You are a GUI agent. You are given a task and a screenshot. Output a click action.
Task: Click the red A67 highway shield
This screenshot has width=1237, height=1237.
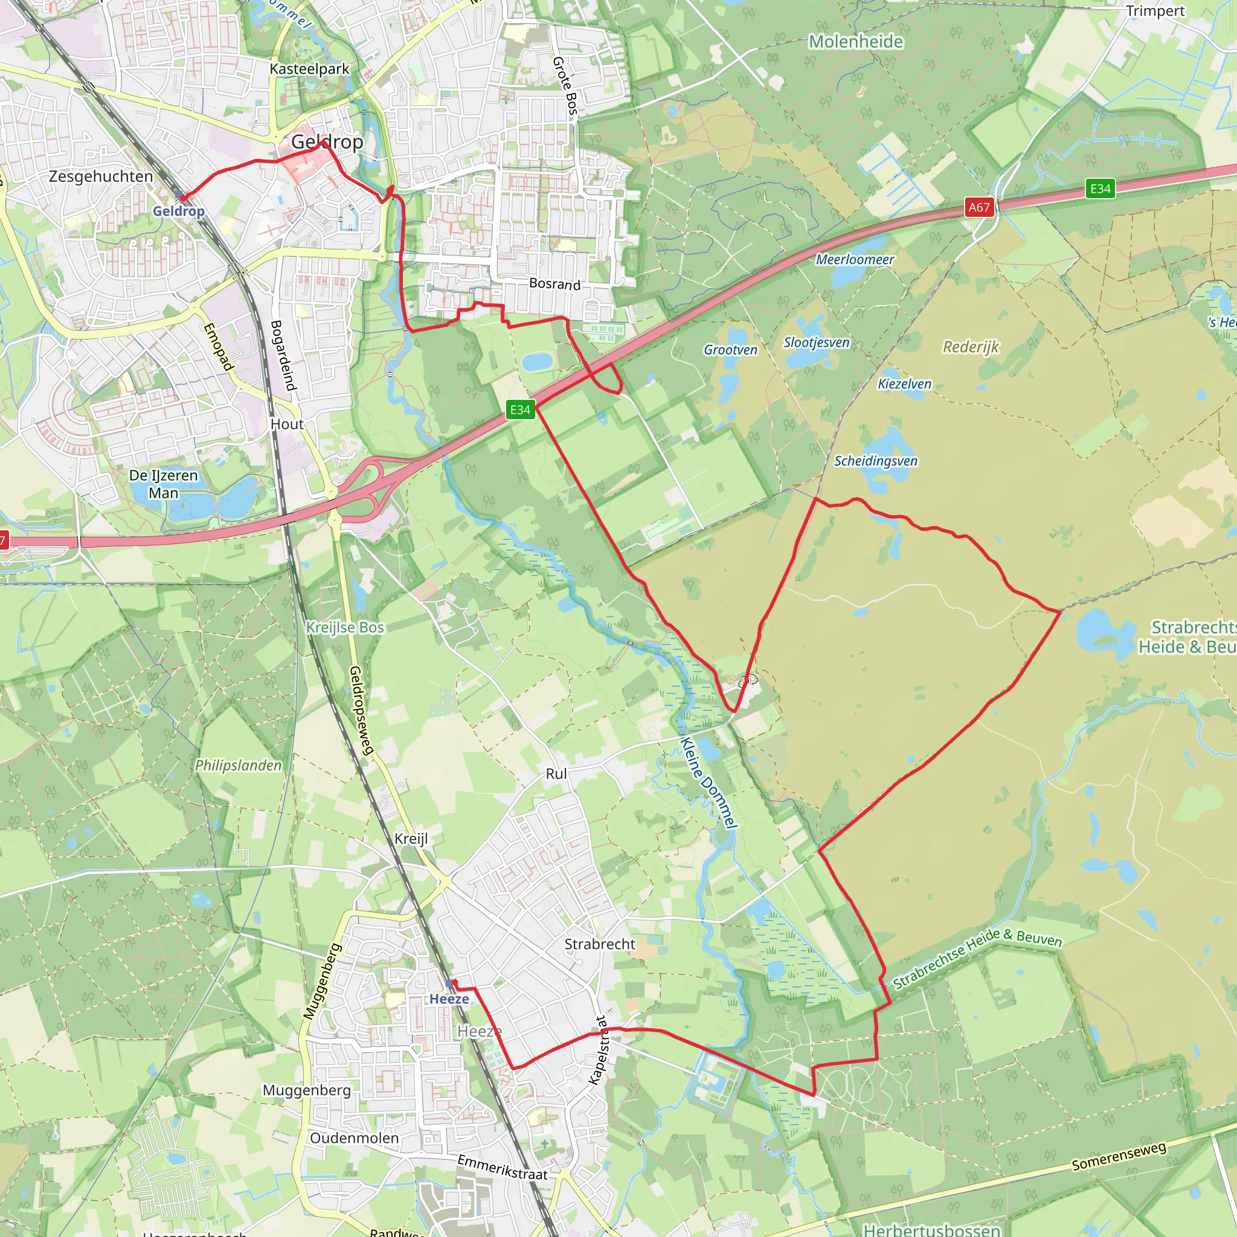coord(979,207)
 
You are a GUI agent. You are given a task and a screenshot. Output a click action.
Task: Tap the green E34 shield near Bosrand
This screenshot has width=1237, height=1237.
coord(520,410)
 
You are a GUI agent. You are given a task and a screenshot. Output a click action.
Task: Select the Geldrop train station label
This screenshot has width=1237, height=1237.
coord(178,211)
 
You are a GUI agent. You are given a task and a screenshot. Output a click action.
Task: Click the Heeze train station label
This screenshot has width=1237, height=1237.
coord(449,999)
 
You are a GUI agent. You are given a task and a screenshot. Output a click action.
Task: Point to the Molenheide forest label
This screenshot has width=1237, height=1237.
coord(856,42)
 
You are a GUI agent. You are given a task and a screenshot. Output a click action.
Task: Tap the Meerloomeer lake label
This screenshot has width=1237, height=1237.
coord(855,259)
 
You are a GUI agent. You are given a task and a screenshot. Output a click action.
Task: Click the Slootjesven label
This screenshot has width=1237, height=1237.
coord(817,342)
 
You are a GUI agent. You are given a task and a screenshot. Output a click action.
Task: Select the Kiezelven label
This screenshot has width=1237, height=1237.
coord(904,384)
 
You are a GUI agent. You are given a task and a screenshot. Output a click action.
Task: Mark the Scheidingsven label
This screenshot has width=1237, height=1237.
coord(875,461)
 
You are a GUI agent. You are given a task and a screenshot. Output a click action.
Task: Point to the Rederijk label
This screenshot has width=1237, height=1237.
coord(971,347)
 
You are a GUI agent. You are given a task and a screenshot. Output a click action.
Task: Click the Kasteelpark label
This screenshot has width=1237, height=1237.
coord(309,69)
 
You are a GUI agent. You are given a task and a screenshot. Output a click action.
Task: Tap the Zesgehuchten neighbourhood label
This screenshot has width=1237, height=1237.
coord(101,176)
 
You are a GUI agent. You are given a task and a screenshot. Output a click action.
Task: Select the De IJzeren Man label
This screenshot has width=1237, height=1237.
coord(163,484)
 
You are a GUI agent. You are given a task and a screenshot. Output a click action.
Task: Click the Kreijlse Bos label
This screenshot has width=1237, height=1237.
coord(344,628)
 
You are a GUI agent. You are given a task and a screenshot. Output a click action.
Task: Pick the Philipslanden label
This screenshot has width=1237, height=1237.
coord(238,765)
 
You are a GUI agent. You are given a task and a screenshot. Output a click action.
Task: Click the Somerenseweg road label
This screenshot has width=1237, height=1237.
coord(1119,1156)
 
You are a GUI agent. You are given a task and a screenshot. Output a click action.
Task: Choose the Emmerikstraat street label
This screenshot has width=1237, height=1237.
coord(502,1167)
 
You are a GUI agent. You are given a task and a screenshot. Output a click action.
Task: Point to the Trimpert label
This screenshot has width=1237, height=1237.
coord(1155,11)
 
